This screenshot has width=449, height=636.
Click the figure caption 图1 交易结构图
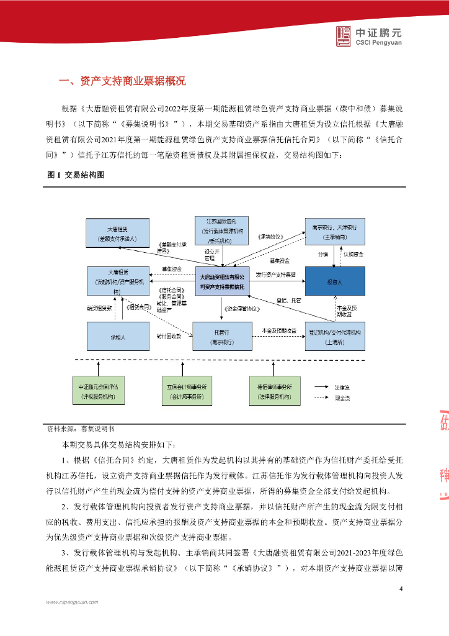pyautogui.click(x=76, y=176)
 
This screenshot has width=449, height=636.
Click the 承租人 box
pyautogui.click(x=117, y=337)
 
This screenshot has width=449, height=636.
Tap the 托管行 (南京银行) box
pyautogui.click(x=221, y=337)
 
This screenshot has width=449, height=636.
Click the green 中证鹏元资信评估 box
pyautogui.click(x=102, y=391)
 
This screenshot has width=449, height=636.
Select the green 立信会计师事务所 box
pyautogui.click(x=187, y=391)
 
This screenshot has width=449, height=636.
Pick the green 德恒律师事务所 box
pyautogui.click(x=274, y=391)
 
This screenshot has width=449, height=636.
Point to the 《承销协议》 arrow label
pyautogui.click(x=270, y=237)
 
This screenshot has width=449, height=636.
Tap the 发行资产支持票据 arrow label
pyautogui.click(x=276, y=274)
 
